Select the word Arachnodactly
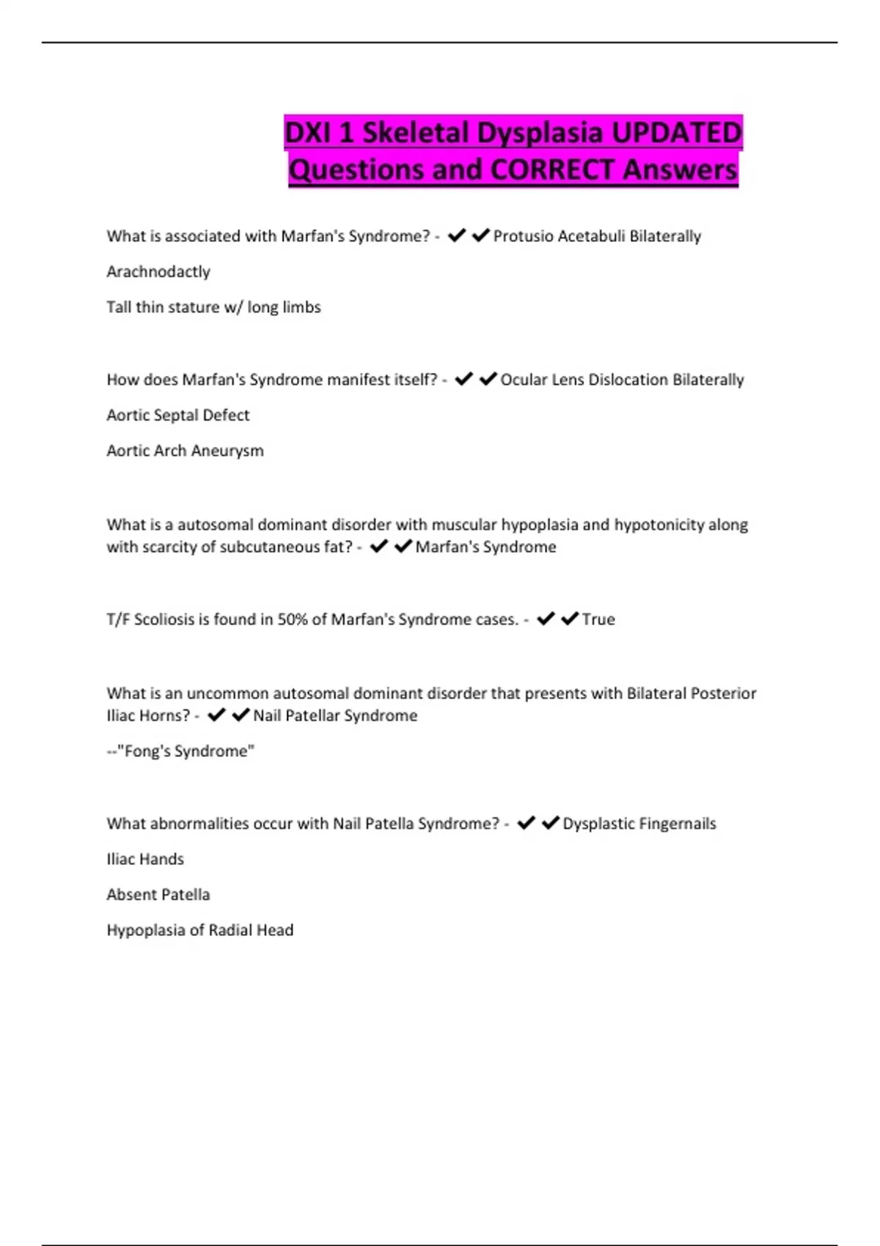tap(158, 271)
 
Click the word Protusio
tap(522, 236)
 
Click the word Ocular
tap(523, 380)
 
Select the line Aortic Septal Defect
tap(178, 415)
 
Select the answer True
tap(598, 619)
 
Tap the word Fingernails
tap(677, 824)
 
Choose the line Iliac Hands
tap(145, 859)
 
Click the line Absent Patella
tap(158, 895)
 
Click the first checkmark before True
tap(545, 619)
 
